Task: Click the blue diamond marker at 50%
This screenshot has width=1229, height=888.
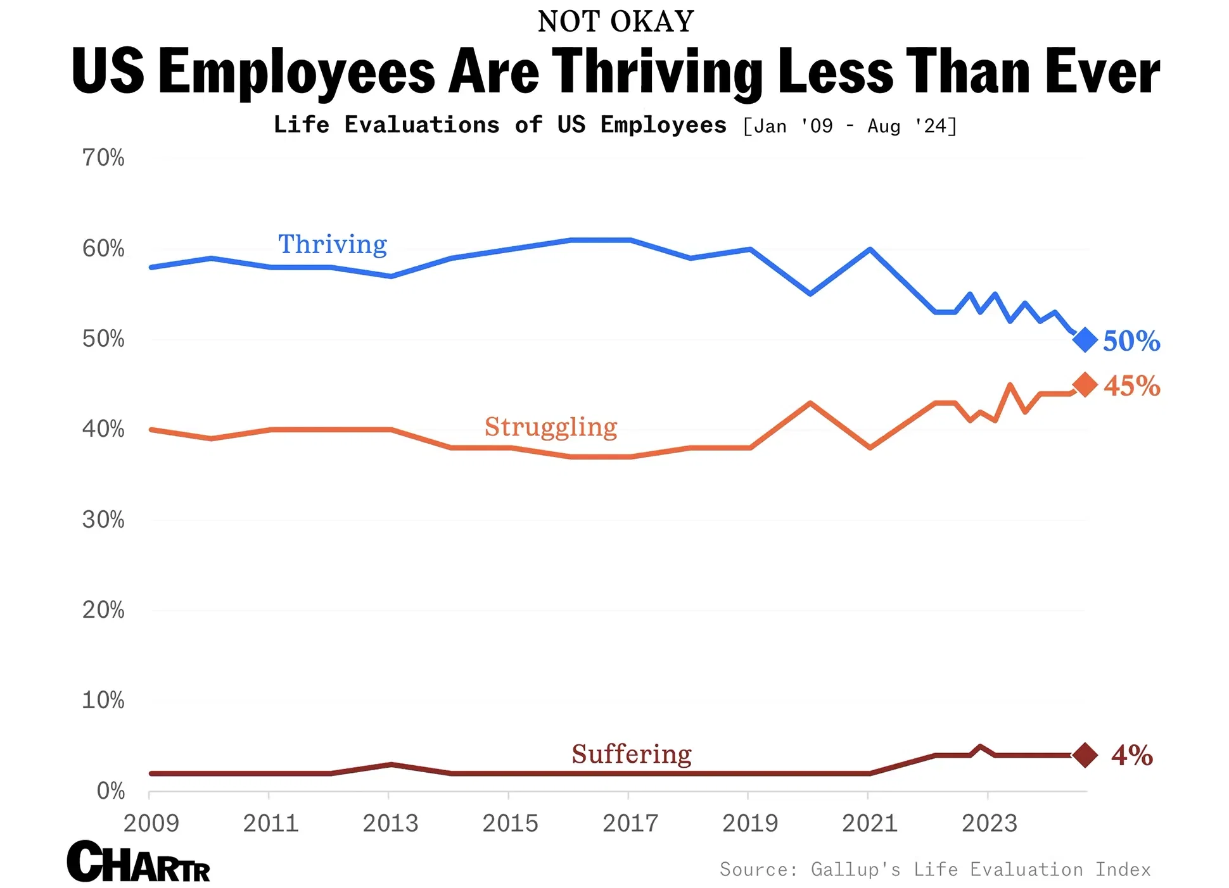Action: click(1085, 340)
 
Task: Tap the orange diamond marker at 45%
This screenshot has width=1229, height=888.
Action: click(1085, 385)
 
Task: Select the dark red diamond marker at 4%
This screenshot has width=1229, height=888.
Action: click(1085, 755)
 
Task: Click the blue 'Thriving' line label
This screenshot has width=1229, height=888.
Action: click(333, 244)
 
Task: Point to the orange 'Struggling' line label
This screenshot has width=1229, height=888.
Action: click(551, 427)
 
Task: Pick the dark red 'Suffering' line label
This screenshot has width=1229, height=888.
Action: click(631, 754)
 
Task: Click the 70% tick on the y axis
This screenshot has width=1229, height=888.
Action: click(103, 158)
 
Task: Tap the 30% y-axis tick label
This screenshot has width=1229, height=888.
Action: click(103, 520)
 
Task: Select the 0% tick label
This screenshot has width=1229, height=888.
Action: click(111, 791)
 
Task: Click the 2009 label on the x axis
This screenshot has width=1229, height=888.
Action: click(151, 823)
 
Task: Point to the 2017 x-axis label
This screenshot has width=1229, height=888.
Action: click(630, 823)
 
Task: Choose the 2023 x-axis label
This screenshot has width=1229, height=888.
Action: click(989, 823)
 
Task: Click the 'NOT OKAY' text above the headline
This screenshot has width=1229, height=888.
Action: click(615, 22)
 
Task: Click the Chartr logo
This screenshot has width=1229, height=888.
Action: click(138, 862)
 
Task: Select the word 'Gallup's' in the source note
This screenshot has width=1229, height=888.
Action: click(855, 869)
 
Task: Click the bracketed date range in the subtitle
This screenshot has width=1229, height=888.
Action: click(849, 126)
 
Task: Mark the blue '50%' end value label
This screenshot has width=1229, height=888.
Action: click(1131, 341)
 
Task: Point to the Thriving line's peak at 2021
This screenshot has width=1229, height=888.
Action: click(870, 249)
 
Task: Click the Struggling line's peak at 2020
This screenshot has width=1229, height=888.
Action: click(810, 403)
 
